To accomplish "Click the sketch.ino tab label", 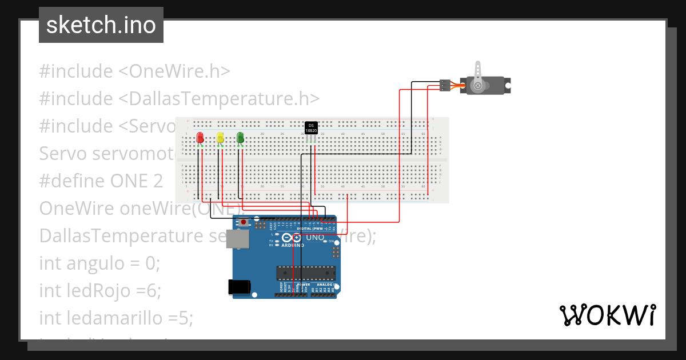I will coord(101,25).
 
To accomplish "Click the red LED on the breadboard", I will coord(200,138).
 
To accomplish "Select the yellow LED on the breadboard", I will coord(220,138).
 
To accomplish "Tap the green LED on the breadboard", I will coord(240,138).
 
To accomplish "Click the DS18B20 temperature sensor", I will coord(311,127).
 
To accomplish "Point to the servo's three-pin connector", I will coord(445,85).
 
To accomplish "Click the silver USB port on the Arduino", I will coord(237,239).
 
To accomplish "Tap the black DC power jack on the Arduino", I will coord(239,286).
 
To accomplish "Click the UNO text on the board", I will coord(316,237).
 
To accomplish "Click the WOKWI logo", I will coord(607,315).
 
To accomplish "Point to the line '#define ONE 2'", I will coord(101,181).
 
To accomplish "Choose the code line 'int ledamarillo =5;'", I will coord(117,318).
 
